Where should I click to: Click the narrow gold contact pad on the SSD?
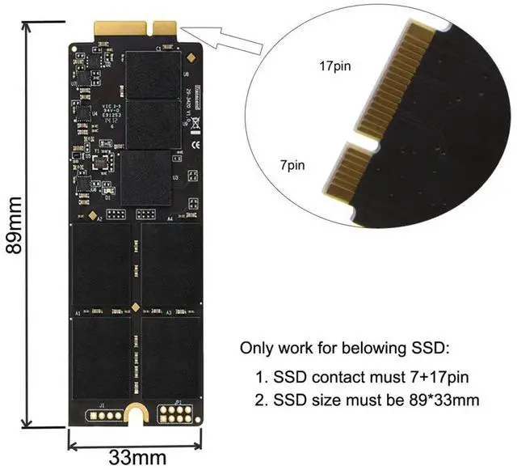(167, 27)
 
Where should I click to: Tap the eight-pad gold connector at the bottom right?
(174, 413)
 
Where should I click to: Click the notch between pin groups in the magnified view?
(361, 142)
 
